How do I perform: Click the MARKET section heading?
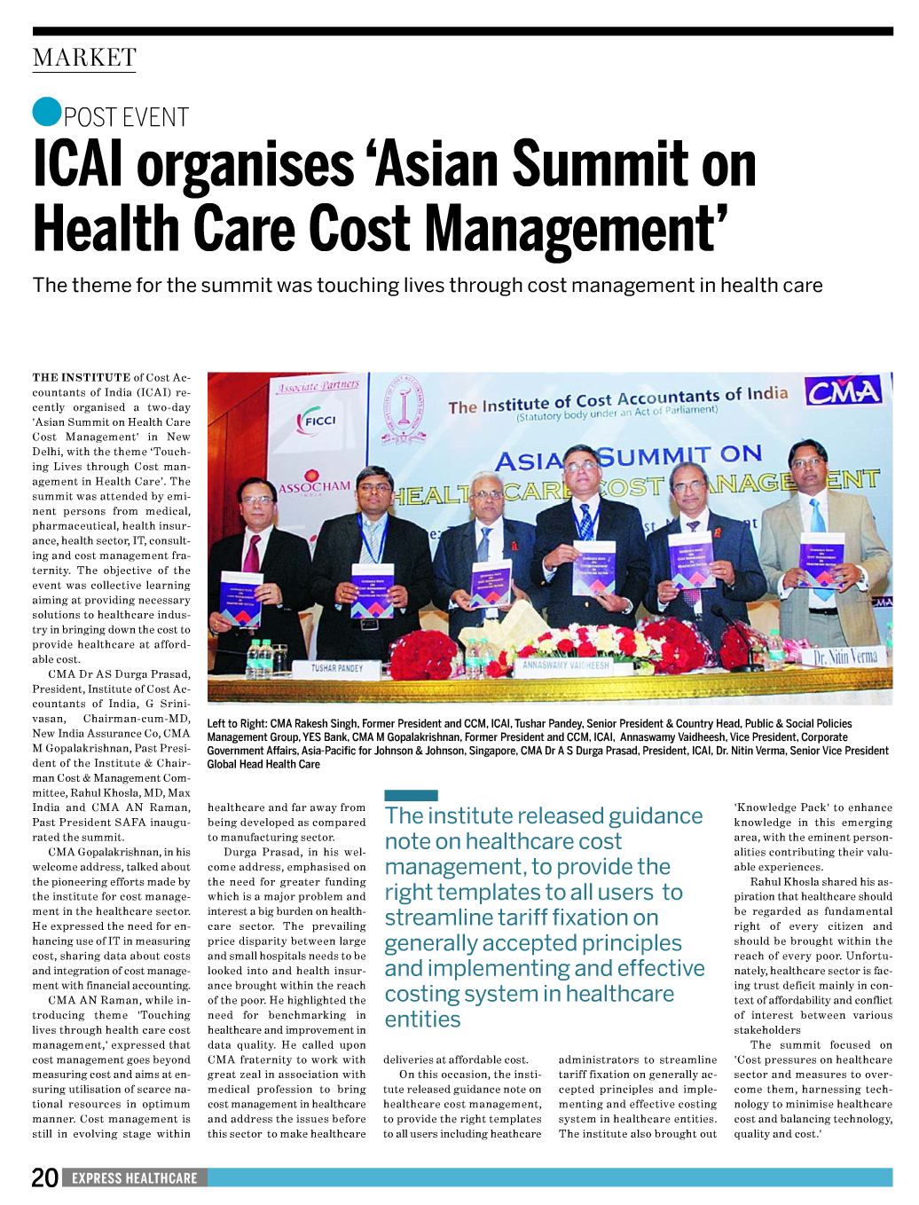click(84, 59)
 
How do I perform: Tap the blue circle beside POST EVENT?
click(46, 111)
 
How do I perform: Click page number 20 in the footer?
click(44, 1177)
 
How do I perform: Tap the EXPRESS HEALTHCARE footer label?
click(135, 1178)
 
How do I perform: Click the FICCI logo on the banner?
click(317, 421)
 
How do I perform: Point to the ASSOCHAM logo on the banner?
click(314, 486)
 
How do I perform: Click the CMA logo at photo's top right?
click(843, 391)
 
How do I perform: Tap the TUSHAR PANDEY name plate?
click(337, 667)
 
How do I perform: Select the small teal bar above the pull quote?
click(411, 795)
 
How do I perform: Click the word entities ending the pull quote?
click(422, 1020)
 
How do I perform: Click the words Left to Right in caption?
click(236, 724)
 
